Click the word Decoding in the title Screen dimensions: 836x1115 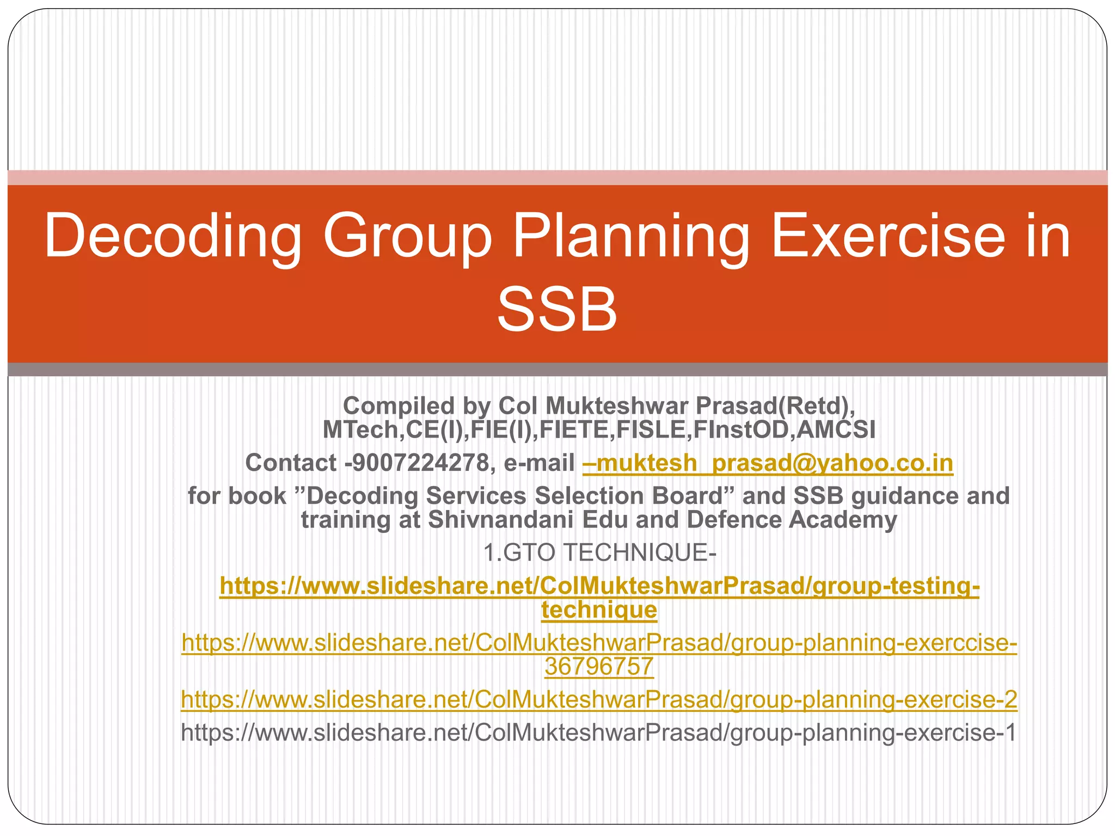click(x=173, y=236)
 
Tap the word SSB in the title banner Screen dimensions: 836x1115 click(x=557, y=310)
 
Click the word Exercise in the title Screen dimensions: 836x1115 click(x=888, y=236)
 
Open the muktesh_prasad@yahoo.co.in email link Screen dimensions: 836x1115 click(x=768, y=463)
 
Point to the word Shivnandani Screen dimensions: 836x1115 click(x=501, y=520)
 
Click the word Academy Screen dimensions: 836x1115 click(x=843, y=520)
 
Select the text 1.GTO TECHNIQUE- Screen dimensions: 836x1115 click(x=599, y=553)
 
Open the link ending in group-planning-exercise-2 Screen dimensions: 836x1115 click(x=599, y=699)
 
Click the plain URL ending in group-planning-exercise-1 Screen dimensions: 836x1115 click(x=598, y=733)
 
